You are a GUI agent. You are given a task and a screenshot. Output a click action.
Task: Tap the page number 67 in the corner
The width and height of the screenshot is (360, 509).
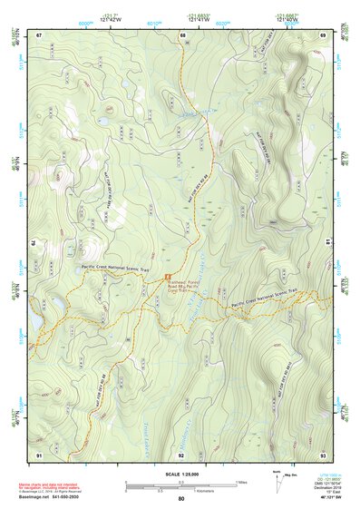pyautogui.click(x=39, y=34)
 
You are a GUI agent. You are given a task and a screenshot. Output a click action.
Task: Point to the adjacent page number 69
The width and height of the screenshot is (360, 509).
pyautogui.click(x=324, y=34)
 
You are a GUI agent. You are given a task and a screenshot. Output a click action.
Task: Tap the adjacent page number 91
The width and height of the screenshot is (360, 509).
pyautogui.click(x=39, y=453)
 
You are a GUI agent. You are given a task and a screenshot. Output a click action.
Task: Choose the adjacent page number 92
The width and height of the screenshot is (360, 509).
pyautogui.click(x=181, y=453)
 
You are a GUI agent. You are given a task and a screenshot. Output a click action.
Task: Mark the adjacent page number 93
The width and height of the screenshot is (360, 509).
pyautogui.click(x=324, y=453)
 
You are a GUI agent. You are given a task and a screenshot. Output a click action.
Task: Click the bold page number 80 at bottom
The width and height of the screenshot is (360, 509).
pyautogui.click(x=181, y=499)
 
